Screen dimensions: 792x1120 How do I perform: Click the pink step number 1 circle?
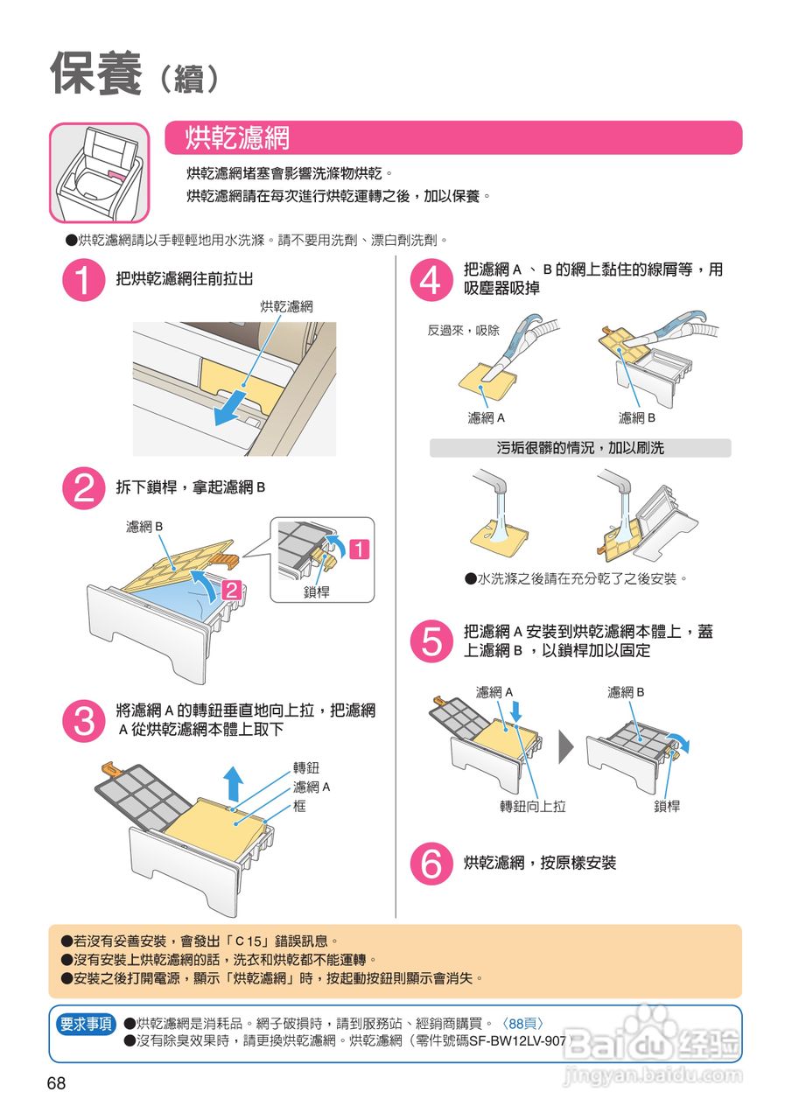pyautogui.click(x=83, y=280)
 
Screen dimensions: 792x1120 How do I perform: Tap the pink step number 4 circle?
pyautogui.click(x=431, y=280)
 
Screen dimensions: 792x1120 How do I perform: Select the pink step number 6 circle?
pyautogui.click(x=431, y=863)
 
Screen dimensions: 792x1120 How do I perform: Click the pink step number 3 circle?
pyautogui.click(x=83, y=720)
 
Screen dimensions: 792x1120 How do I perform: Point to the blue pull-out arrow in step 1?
pyautogui.click(x=230, y=408)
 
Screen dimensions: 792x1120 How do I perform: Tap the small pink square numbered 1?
pyautogui.click(x=360, y=549)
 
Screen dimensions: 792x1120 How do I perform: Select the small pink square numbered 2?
pyautogui.click(x=232, y=591)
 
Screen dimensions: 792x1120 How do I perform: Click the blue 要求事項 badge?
pyautogui.click(x=86, y=1024)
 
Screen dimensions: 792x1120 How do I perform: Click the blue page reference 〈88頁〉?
pyautogui.click(x=522, y=1024)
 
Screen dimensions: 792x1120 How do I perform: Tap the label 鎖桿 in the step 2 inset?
pyautogui.click(x=316, y=592)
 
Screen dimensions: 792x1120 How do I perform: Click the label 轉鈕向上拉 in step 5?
pyautogui.click(x=532, y=806)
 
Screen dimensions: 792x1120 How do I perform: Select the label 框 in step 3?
pyautogui.click(x=299, y=806)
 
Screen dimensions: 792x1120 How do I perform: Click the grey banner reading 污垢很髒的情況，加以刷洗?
pyautogui.click(x=580, y=448)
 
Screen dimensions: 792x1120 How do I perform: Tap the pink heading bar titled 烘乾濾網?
pyautogui.click(x=453, y=137)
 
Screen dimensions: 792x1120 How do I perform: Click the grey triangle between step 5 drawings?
pyautogui.click(x=565, y=747)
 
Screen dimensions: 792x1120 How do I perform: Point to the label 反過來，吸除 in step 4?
pyautogui.click(x=463, y=331)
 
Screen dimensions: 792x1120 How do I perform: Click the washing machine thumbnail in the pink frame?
pyautogui.click(x=99, y=172)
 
